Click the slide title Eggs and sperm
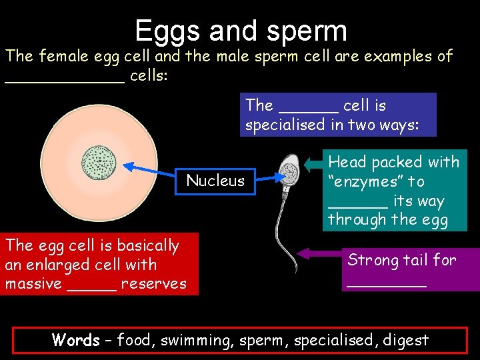[x=241, y=31]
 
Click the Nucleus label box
[x=215, y=180]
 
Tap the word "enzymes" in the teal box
[x=365, y=181]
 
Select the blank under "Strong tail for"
[x=386, y=283]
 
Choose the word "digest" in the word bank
[x=406, y=340]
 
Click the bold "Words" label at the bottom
[x=75, y=340]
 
